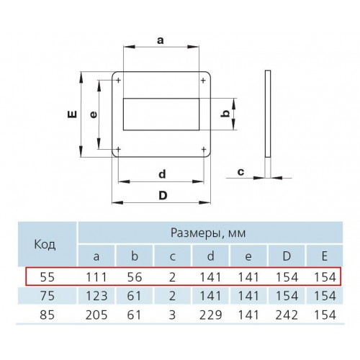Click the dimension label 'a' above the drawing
tap(161, 40)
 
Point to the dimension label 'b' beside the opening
tap(225, 113)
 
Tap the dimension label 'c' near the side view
tap(240, 172)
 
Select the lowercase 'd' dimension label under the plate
tap(162, 174)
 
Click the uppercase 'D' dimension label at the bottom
tap(163, 195)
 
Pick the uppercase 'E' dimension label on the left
tap(72, 114)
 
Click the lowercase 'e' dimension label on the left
tap(94, 114)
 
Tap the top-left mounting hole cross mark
tap(118, 80)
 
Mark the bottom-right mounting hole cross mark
tap(204, 150)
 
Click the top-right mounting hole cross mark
tap(203, 80)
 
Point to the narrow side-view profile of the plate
tap(268, 114)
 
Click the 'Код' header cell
tap(45, 244)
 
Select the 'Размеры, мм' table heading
tap(208, 233)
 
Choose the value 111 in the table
tap(96, 277)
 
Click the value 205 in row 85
tap(96, 315)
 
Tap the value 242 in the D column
tap(287, 315)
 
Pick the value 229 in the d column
tap(210, 315)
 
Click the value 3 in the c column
tap(172, 315)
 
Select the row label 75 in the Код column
tap(48, 295)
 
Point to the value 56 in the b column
tap(135, 277)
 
